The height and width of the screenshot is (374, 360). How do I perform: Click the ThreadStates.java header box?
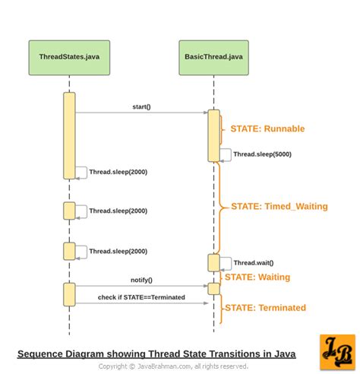69,58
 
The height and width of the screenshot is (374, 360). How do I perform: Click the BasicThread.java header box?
213,58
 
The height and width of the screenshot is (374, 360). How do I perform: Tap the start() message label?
141,107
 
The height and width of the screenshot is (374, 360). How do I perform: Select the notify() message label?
141,280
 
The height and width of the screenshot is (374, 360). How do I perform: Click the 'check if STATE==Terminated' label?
141,297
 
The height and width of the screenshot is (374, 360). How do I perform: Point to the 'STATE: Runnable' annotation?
267,129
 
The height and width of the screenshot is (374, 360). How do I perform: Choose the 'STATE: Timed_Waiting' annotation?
279,206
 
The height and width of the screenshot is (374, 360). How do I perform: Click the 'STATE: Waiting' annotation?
257,277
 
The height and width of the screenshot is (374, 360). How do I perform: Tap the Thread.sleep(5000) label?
261,154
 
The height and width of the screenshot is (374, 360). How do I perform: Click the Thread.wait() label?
253,263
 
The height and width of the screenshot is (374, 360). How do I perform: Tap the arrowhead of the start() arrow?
205,113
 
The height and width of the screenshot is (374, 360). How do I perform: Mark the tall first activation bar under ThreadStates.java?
69,135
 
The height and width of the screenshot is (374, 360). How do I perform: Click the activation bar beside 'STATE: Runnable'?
214,135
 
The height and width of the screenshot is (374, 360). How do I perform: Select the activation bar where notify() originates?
69,294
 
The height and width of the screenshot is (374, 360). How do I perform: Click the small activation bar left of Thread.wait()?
214,263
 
